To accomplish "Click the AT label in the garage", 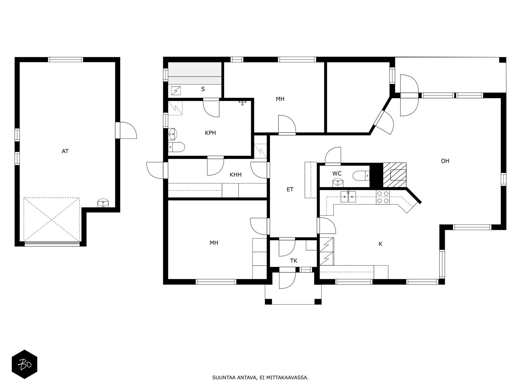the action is pyautogui.click(x=65, y=151).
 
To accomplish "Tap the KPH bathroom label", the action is pyautogui.click(x=210, y=133).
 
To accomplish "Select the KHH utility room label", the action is pyautogui.click(x=235, y=175).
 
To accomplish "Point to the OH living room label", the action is pyautogui.click(x=445, y=161).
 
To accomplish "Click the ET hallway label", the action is pyautogui.click(x=290, y=189).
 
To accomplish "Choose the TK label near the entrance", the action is pyautogui.click(x=294, y=261).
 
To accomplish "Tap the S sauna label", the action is pyautogui.click(x=203, y=89).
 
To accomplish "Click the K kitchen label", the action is pyautogui.click(x=380, y=244).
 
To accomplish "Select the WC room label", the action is pyautogui.click(x=337, y=174).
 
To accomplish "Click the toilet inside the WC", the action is pyautogui.click(x=361, y=176).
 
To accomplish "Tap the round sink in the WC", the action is pyautogui.click(x=338, y=182).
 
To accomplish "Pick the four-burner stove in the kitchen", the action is pyautogui.click(x=383, y=197).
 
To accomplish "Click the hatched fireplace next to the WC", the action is pyautogui.click(x=395, y=175).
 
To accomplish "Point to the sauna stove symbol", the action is pyautogui.click(x=176, y=91).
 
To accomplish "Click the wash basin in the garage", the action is pyautogui.click(x=103, y=203).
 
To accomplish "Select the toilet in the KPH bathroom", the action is pyautogui.click(x=176, y=147).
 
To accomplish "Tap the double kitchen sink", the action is pyautogui.click(x=348, y=196).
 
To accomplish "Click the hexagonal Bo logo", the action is pyautogui.click(x=25, y=364).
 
